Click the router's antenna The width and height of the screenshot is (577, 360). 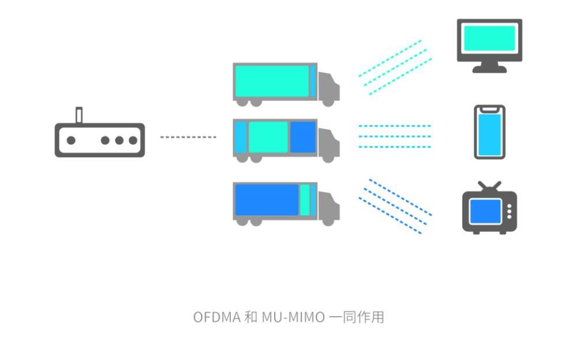[x=80, y=115]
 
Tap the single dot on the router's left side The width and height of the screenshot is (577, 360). [x=71, y=140]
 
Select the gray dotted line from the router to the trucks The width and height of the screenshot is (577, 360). [x=188, y=137]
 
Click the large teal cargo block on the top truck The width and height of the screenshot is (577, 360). [x=271, y=81]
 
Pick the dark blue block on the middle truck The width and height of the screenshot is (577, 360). [x=302, y=137]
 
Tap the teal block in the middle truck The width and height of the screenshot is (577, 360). [x=268, y=137]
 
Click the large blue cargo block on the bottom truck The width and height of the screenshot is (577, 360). [x=266, y=200]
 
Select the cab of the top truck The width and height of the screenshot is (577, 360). [x=328, y=88]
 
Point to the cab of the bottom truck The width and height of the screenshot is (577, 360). [x=328, y=207]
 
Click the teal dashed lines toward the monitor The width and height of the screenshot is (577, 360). [x=395, y=66]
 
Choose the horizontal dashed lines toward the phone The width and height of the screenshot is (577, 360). [x=395, y=136]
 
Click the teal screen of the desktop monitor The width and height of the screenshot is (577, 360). [x=489, y=39]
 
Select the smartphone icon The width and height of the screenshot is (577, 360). [x=489, y=132]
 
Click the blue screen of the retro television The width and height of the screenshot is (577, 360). [x=484, y=211]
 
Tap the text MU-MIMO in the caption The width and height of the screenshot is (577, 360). [x=293, y=317]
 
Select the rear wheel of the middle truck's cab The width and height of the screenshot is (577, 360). [x=328, y=157]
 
